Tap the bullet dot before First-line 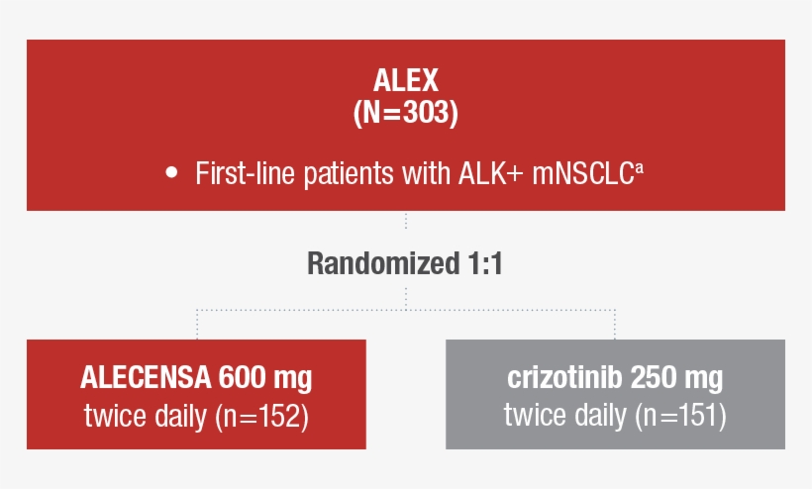(x=171, y=173)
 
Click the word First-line (x=236, y=174)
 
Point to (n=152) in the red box (x=262, y=416)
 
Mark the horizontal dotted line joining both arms (x=406, y=310)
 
